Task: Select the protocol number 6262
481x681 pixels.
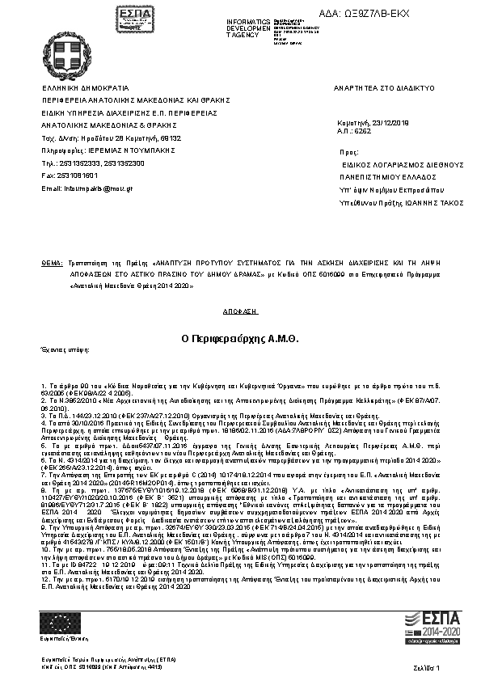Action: (x=362, y=130)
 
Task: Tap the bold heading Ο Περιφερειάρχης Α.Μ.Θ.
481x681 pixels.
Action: (x=239, y=337)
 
